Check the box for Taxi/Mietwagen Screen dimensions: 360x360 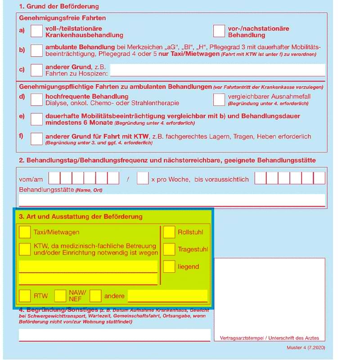coord(25,232)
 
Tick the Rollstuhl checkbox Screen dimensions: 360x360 coord(169,232)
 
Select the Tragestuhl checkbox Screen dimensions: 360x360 coord(169,249)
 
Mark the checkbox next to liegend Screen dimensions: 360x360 coord(169,266)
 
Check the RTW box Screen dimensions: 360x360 coord(25,296)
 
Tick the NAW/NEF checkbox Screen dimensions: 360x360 coord(60,296)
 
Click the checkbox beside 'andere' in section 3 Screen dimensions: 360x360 coord(95,296)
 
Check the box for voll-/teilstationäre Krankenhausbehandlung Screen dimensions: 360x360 coord(36,31)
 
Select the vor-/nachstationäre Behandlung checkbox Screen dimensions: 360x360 coord(219,31)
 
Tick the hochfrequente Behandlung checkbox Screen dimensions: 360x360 coord(36,99)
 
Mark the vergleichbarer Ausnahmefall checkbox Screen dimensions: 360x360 coord(219,99)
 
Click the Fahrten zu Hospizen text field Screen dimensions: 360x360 coord(217,70)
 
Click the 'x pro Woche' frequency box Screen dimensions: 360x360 coord(143,178)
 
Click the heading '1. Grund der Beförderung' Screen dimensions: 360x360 coord(58,7)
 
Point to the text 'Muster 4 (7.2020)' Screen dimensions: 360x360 coord(306,348)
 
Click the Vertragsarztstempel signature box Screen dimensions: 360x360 coord(269,297)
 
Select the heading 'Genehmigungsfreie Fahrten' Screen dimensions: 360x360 coord(63,18)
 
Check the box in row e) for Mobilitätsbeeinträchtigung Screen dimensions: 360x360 coord(36,119)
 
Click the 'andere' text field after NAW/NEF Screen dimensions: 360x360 coord(167,296)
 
